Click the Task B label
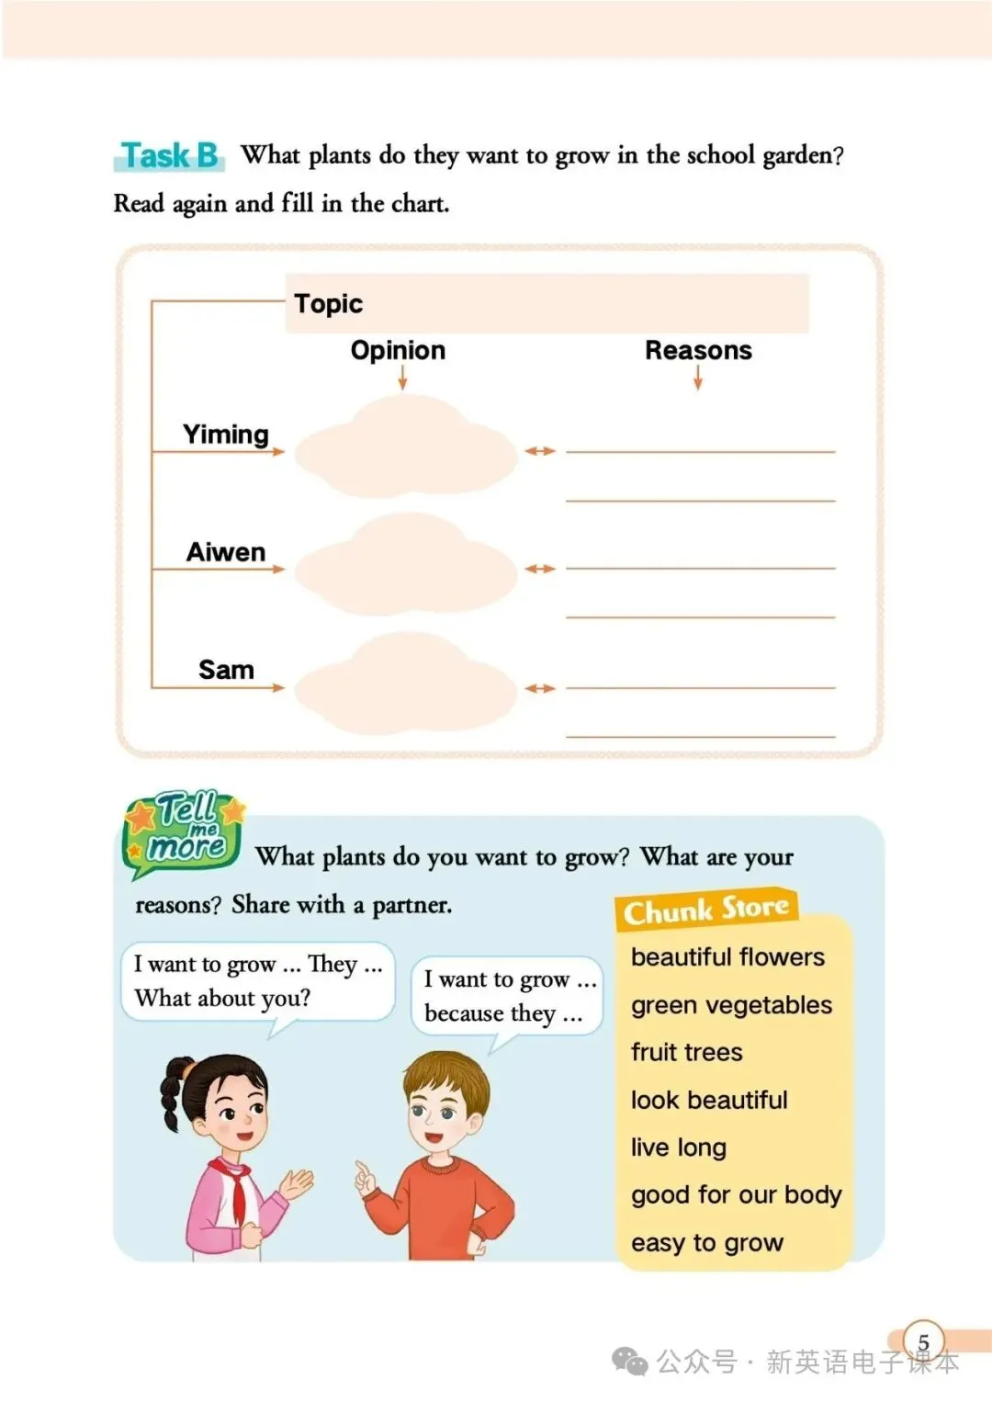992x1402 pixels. [x=170, y=155]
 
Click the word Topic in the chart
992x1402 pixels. [x=328, y=303]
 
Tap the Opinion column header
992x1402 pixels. [x=398, y=350]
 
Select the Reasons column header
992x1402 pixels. [x=698, y=350]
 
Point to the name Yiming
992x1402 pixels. [x=226, y=434]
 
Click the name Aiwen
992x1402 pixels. [x=226, y=551]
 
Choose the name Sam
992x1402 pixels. [x=226, y=669]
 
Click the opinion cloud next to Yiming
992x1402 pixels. [x=406, y=449]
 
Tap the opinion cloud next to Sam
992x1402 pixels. [x=406, y=686]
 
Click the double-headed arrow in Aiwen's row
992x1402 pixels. [x=540, y=569]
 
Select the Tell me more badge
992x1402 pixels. [x=185, y=831]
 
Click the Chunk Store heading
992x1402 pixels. [x=705, y=909]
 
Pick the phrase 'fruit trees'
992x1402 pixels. [x=687, y=1052]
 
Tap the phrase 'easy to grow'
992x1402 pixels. [x=707, y=1243]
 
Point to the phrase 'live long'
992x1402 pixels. [x=679, y=1148]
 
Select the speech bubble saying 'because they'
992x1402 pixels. [x=506, y=997]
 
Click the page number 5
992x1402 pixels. [x=923, y=1342]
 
